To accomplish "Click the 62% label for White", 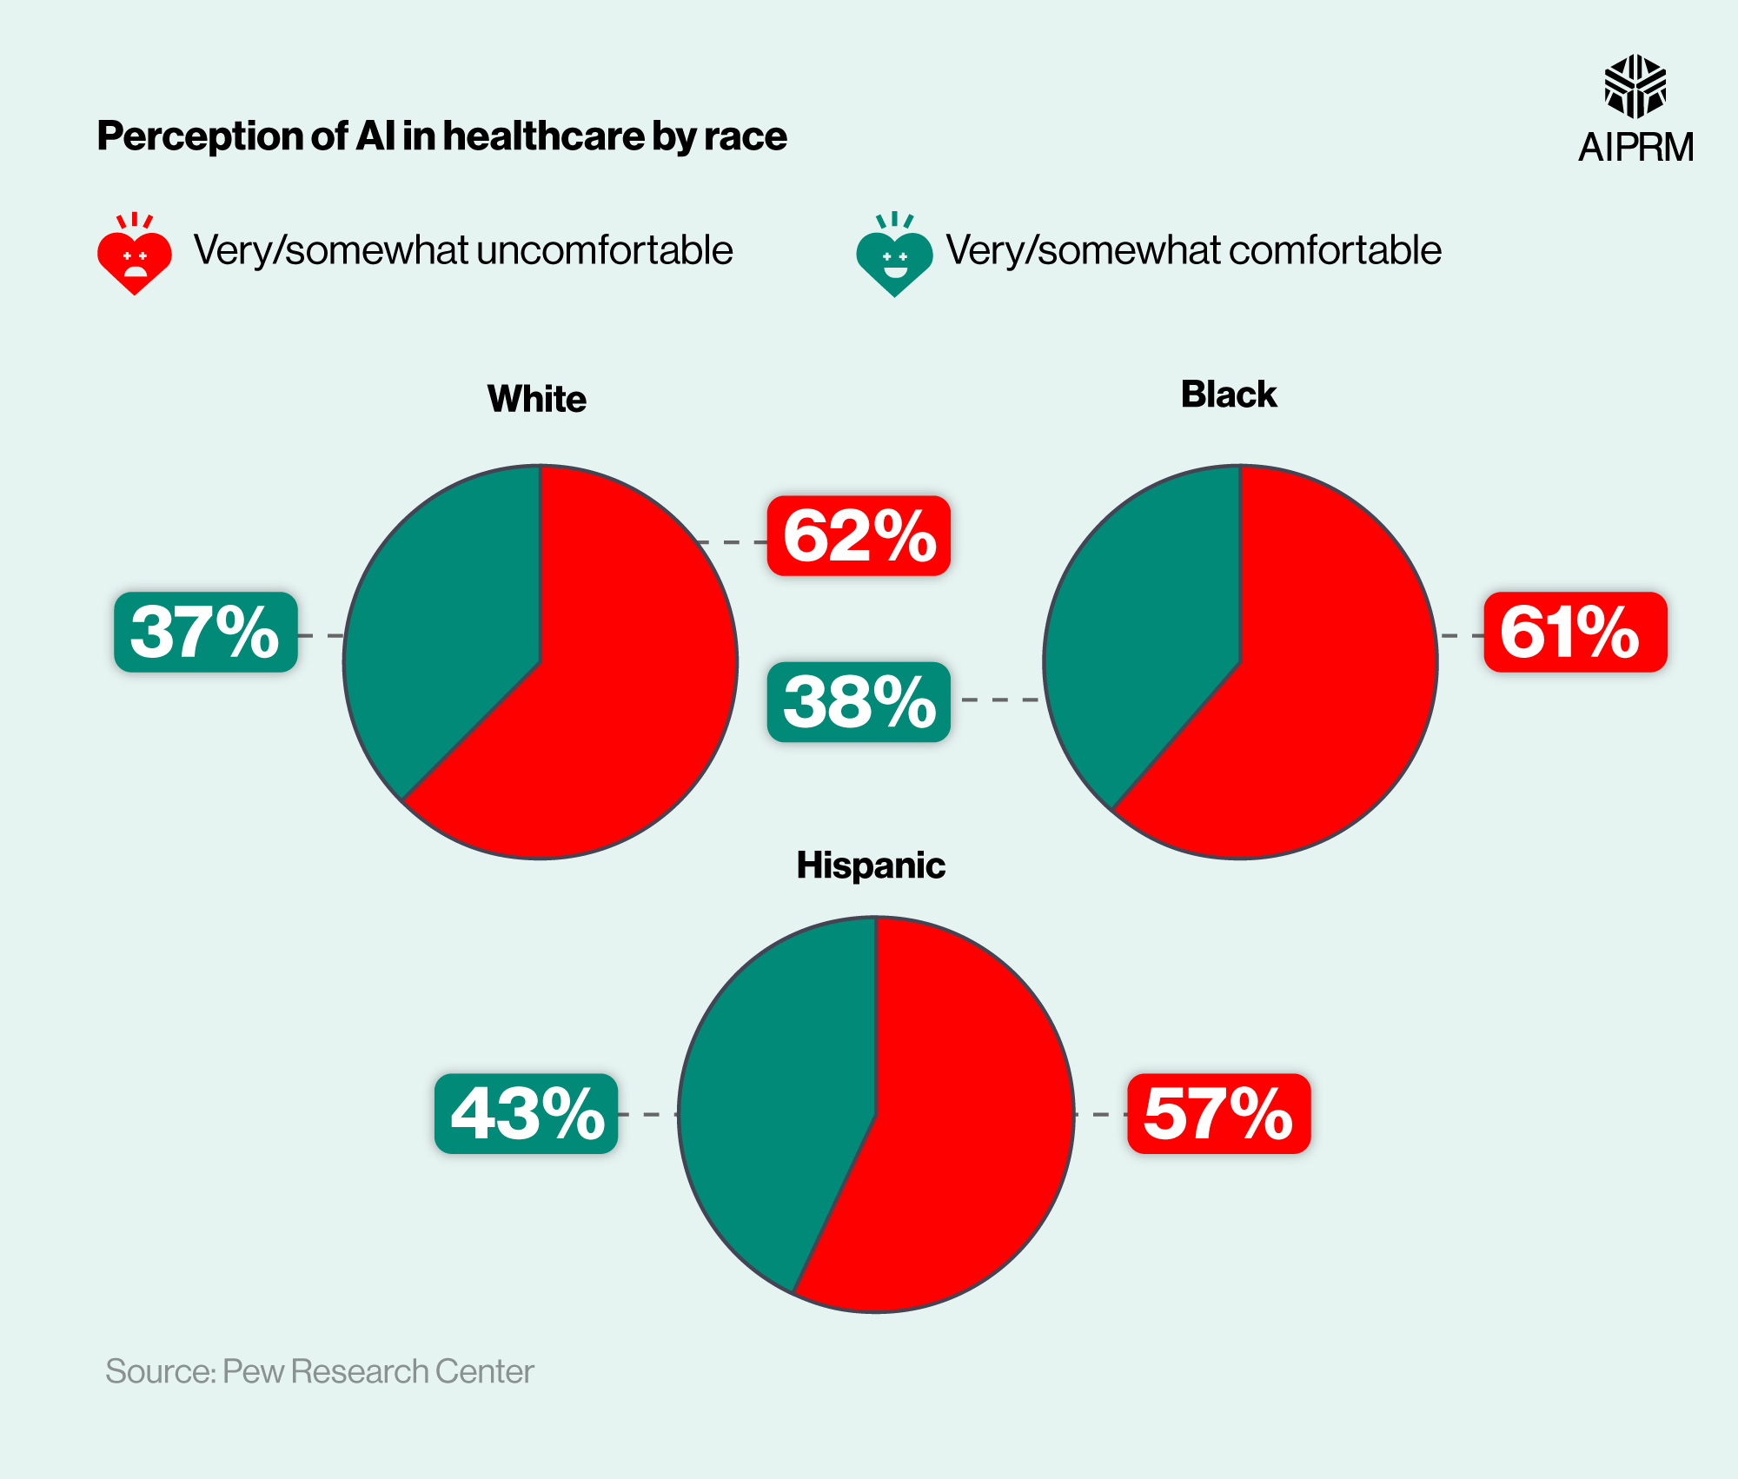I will coord(859,536).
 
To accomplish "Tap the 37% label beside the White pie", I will coord(206,632).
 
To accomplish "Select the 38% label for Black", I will coord(859,702).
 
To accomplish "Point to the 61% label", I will coord(1575,632).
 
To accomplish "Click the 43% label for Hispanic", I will coord(527,1113).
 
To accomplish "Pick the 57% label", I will coord(1218,1113).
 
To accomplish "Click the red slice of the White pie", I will coord(608,695).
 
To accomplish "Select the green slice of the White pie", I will coord(443,626).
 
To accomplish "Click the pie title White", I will coord(537,399).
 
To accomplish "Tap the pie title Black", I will coord(1228,394).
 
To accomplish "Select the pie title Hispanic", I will coord(871,866).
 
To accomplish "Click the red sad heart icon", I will coord(135,256).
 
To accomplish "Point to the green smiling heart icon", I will coord(894,257).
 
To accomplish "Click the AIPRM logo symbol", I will coord(1635,86).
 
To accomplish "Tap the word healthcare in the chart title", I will coord(544,136).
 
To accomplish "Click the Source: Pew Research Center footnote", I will coord(319,1371).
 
